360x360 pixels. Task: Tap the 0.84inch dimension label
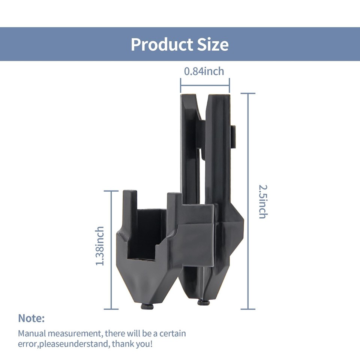tap(204, 71)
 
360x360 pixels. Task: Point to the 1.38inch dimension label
tap(100, 246)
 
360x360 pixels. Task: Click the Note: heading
tap(31, 318)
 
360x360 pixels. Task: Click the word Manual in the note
tap(31, 333)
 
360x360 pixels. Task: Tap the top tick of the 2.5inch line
tap(248, 93)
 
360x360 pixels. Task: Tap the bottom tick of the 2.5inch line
tap(248, 309)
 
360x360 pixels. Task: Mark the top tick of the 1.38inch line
tap(111, 191)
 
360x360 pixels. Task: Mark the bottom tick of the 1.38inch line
tap(111, 309)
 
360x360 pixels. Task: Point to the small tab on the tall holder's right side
tap(234, 137)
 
